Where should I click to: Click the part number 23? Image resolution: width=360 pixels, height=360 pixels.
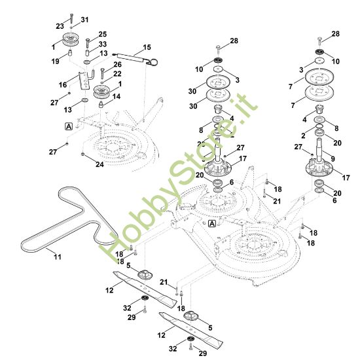[60, 26]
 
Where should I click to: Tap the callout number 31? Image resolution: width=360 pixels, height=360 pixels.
[84, 20]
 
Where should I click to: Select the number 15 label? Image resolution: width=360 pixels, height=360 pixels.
[147, 47]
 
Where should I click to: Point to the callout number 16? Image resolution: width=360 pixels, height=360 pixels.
[63, 85]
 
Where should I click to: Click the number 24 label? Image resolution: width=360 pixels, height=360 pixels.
[99, 164]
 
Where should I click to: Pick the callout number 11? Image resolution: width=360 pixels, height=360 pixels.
[58, 257]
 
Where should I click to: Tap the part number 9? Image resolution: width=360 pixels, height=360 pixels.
[333, 158]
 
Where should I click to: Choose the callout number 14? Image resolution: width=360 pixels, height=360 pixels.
[117, 96]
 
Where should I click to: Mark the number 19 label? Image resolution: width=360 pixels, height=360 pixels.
[56, 62]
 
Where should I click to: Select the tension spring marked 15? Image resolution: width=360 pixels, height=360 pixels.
[135, 59]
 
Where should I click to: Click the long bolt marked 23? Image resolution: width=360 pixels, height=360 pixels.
[71, 18]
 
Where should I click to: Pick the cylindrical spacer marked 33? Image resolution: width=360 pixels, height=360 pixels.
[88, 52]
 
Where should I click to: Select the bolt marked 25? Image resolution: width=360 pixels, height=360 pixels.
[88, 43]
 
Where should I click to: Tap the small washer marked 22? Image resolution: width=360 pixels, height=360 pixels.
[102, 82]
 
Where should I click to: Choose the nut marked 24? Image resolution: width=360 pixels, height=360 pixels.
[83, 154]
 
